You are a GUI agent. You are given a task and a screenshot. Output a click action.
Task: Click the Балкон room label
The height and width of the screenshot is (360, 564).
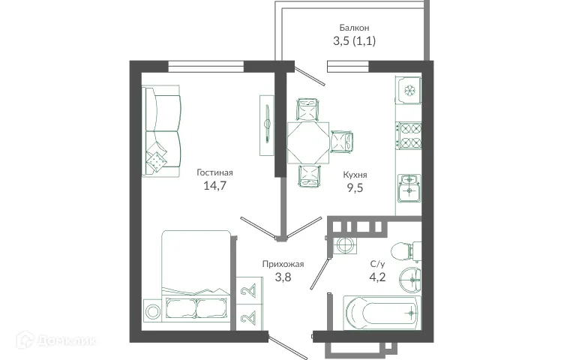click(354, 28)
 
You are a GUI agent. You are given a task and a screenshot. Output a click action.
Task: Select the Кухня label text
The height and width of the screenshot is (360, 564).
click(355, 174)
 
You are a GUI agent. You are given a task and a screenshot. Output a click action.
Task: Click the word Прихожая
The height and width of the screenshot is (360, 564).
click(283, 264)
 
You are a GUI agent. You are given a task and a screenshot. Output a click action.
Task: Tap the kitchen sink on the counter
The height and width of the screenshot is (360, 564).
click(409, 185)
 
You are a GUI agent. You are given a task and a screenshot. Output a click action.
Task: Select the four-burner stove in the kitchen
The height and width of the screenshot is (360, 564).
click(410, 135)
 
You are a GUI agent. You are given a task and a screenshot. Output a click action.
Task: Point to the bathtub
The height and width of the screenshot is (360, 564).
click(380, 312)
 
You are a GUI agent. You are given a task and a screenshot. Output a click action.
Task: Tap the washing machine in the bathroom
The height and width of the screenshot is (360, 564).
click(346, 244)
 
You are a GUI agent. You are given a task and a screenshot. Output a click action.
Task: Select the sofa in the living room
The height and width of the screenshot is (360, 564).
click(162, 132)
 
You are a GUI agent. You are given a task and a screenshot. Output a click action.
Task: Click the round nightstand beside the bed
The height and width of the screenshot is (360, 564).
click(152, 310)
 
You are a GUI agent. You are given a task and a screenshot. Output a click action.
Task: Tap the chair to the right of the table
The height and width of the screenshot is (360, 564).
click(342, 142)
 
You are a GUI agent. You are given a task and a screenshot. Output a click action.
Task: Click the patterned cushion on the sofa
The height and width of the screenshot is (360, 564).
click(157, 159)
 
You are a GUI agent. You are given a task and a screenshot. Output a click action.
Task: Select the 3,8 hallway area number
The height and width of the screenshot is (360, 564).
click(283, 277)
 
